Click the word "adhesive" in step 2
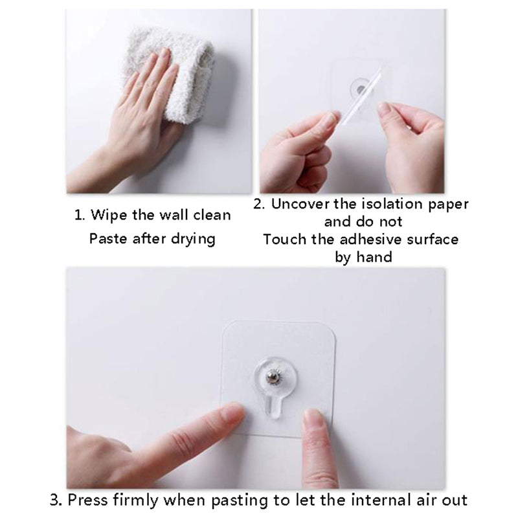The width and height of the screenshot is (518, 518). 383,239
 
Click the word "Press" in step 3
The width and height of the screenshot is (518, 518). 87,500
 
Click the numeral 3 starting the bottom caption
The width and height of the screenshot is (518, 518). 55,500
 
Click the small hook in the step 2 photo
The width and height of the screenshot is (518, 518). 357,85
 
